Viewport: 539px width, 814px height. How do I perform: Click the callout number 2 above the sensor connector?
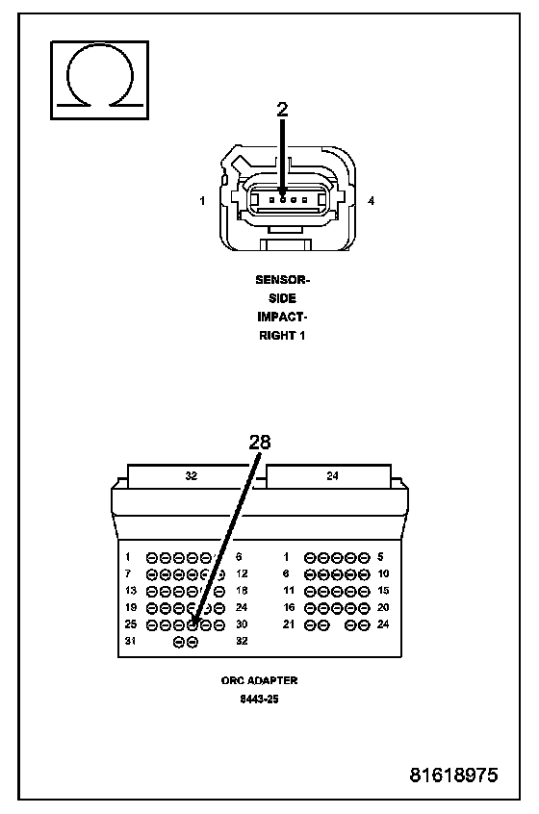tap(282, 109)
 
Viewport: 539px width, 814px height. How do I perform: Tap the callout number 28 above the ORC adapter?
tap(260, 442)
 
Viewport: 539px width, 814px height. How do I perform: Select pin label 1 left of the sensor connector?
tap(202, 200)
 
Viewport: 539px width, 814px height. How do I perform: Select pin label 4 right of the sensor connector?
tap(371, 200)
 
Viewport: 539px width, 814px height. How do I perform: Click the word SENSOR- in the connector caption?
tap(282, 280)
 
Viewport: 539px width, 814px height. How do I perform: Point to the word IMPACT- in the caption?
tap(282, 317)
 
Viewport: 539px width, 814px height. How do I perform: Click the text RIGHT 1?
tap(282, 336)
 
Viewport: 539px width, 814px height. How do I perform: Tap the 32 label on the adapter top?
tap(192, 475)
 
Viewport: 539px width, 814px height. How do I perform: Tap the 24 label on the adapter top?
tap(332, 475)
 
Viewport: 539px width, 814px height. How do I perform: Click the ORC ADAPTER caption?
tap(259, 680)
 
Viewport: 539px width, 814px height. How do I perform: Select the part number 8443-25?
tap(259, 700)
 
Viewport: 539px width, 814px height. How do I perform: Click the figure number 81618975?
tap(454, 775)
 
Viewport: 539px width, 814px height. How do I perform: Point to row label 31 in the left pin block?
tap(130, 641)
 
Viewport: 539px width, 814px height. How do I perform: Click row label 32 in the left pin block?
tap(242, 641)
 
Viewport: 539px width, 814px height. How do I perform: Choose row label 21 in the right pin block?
tap(289, 624)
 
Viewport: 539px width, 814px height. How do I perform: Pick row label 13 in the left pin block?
tap(130, 591)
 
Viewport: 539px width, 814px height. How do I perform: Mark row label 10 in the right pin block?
tap(383, 573)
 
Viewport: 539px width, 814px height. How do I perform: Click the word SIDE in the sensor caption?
tap(282, 298)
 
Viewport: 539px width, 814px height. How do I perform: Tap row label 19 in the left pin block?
tap(130, 607)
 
